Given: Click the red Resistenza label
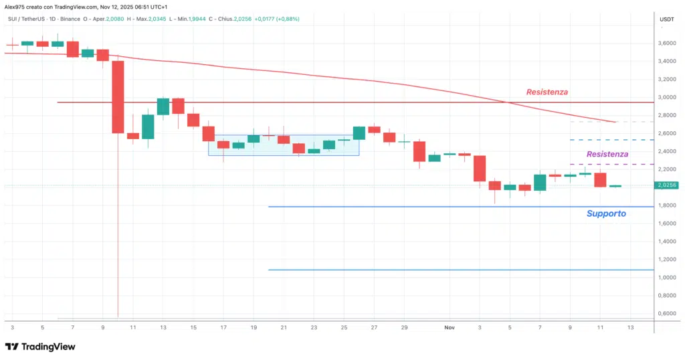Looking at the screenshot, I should point(547,92).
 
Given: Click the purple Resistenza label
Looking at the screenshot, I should point(607,154).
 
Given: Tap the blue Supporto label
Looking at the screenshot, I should point(606,213).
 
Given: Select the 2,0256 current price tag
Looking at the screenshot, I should point(666,185).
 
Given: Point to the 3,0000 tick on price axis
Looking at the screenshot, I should point(666,97).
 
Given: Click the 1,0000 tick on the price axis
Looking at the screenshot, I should point(666,277).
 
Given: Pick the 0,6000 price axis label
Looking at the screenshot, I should point(666,313).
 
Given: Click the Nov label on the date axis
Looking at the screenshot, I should point(450,328).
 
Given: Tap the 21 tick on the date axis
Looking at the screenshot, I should point(284,328).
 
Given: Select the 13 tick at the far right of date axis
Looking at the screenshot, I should point(630,328).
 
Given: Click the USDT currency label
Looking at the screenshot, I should point(666,19).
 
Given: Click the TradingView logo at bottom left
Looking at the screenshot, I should point(40,347).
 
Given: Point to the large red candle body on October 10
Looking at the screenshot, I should point(118,97).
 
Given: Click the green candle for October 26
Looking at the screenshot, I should point(359,132).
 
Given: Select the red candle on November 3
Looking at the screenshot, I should point(479,168).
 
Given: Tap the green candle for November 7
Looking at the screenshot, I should point(540,182).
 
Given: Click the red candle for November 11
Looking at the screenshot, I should point(600,179).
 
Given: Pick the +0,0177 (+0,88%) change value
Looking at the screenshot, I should point(276,19).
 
